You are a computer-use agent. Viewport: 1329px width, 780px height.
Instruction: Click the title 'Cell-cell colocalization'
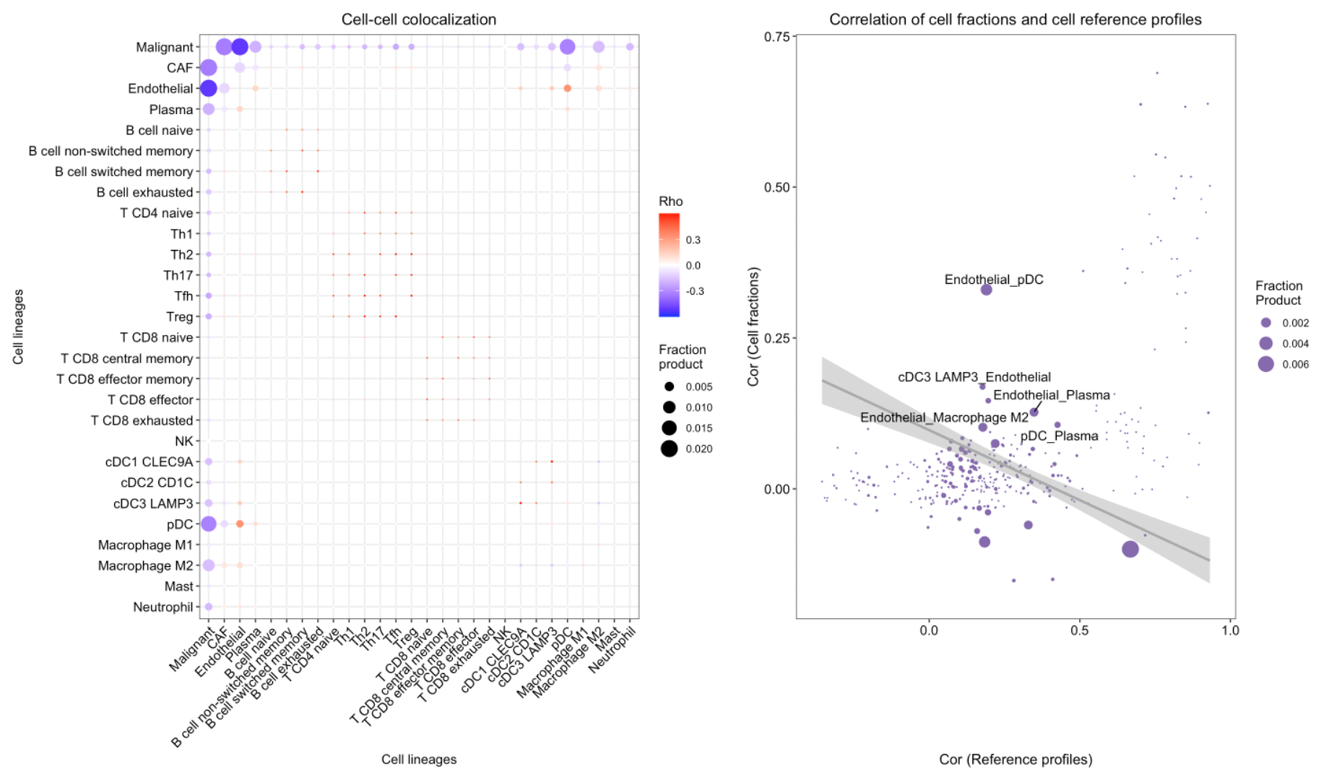pos(418,19)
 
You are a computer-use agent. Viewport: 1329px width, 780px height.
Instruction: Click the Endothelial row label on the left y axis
pos(160,89)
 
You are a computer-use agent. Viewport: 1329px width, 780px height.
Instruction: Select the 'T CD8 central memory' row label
pos(127,359)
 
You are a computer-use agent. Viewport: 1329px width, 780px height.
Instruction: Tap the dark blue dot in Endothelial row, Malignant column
pos(209,88)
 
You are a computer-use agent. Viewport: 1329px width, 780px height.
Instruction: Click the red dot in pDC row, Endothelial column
pos(240,524)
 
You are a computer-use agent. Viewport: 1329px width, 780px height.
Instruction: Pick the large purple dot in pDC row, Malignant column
pos(209,524)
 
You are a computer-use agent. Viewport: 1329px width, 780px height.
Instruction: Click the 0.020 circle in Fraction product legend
pos(669,449)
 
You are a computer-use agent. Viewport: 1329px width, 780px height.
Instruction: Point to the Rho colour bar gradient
pos(669,265)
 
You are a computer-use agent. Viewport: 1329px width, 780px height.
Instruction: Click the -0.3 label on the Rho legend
pos(695,291)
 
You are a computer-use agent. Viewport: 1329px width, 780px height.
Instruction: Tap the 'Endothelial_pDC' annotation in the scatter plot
pos(993,279)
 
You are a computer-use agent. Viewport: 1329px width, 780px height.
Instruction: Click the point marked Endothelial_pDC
pos(986,290)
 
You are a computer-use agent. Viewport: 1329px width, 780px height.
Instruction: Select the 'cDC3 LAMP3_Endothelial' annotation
pos(974,377)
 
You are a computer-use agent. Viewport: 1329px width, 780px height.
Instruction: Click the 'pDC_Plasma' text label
pos(1059,436)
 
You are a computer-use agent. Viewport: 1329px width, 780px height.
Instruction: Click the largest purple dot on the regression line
pos(1130,549)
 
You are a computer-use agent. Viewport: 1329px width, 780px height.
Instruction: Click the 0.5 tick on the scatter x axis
pos(1079,630)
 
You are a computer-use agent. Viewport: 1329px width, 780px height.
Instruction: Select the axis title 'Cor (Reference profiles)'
pos(1015,759)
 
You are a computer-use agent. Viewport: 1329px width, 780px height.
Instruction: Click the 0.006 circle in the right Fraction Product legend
pos(1265,364)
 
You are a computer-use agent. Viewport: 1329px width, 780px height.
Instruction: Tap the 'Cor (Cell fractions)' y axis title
pos(753,326)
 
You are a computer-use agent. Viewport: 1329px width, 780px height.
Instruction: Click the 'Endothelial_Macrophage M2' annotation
pos(944,417)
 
